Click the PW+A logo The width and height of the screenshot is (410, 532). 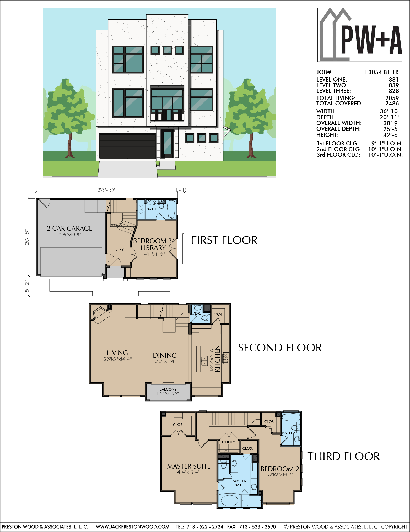[360, 35]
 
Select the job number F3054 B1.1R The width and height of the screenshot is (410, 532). [382, 72]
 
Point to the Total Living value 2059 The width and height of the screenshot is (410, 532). [392, 98]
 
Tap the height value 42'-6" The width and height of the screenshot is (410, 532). [391, 135]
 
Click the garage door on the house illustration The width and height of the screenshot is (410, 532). [128, 146]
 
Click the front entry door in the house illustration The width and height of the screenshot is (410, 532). [167, 143]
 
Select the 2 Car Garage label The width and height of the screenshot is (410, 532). [69, 228]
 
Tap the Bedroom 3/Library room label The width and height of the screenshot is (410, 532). [153, 244]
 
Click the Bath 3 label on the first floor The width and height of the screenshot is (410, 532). [153, 209]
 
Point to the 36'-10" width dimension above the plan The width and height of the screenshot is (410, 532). [106, 190]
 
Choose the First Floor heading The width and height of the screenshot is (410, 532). [224, 240]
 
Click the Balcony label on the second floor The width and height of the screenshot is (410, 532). [168, 389]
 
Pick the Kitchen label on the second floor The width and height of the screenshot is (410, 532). [217, 359]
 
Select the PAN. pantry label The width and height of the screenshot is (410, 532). [218, 314]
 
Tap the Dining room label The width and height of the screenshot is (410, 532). [165, 355]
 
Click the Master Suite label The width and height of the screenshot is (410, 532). [189, 466]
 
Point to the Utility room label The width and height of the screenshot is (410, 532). [229, 442]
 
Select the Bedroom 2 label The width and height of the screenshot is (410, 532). [280, 469]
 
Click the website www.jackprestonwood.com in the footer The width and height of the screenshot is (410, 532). [133, 527]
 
